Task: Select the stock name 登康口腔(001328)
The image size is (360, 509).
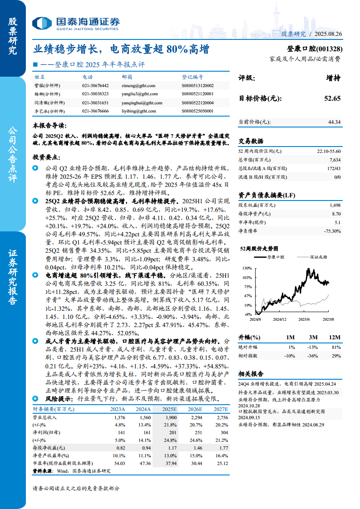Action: [315, 49]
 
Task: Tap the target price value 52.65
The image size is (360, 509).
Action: [332, 98]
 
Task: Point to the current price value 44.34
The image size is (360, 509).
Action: [334, 122]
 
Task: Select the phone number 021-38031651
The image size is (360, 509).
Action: [95, 103]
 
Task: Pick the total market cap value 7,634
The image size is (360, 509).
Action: [334, 160]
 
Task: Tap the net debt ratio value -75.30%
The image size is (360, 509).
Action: [332, 231]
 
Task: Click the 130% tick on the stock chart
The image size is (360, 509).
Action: [247, 268]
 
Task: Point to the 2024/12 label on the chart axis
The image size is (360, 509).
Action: [281, 319]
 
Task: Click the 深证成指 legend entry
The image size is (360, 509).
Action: [317, 257]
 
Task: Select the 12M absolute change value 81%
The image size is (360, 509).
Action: [336, 347]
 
